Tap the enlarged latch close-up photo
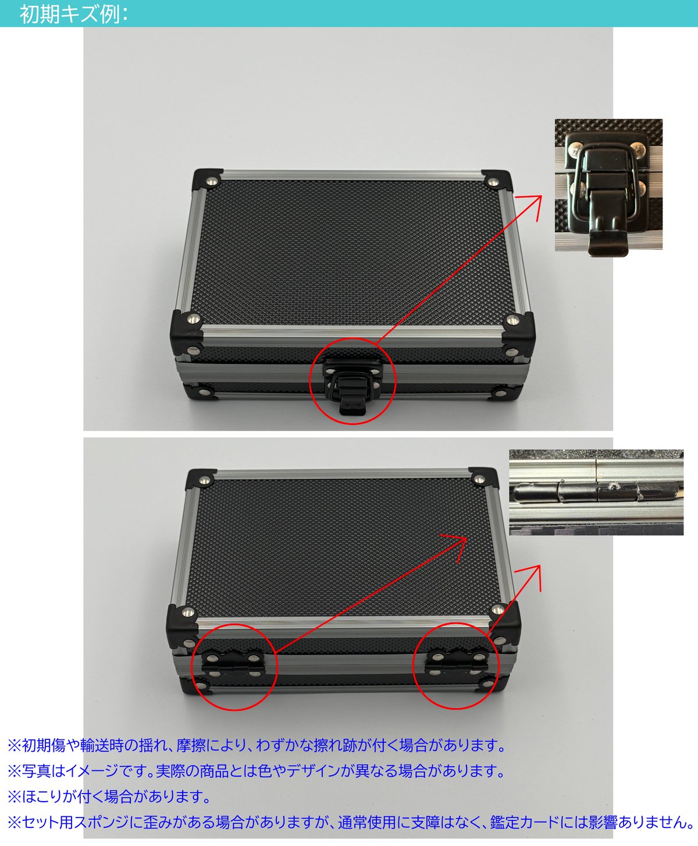pyautogui.click(x=608, y=185)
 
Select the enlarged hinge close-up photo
pyautogui.click(x=596, y=492)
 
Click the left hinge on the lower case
pyautogui.click(x=233, y=664)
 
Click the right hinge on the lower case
pyautogui.click(x=456, y=664)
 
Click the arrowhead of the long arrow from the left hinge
pyautogui.click(x=460, y=541)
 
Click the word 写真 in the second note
pyautogui.click(x=37, y=771)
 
